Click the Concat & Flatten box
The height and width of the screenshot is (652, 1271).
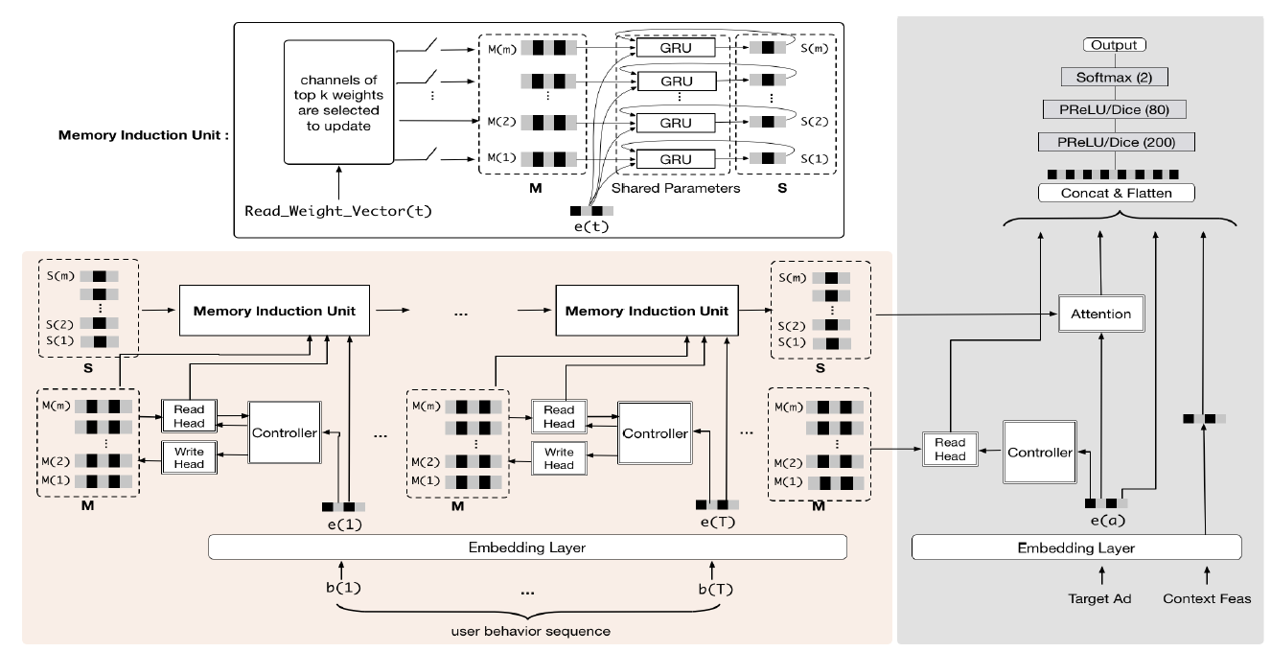click(1119, 194)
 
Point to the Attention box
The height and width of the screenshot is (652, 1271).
click(1099, 314)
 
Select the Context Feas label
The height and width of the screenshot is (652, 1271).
click(1204, 598)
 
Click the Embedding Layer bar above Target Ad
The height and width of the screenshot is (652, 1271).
click(1076, 547)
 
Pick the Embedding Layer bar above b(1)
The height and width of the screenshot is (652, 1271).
click(527, 547)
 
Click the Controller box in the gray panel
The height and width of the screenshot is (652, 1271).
click(1038, 451)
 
